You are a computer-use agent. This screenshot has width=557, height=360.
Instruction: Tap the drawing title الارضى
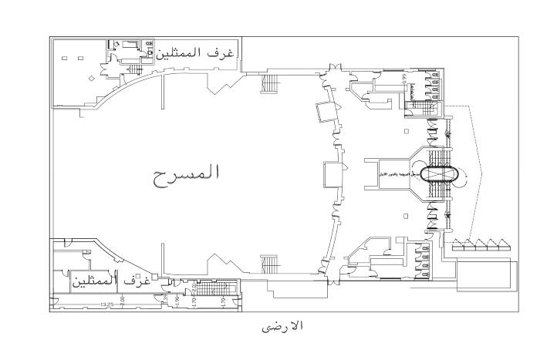tap(282, 326)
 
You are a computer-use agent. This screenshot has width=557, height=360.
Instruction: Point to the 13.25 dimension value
tap(107, 304)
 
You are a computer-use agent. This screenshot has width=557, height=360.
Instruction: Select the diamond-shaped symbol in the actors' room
tap(91, 79)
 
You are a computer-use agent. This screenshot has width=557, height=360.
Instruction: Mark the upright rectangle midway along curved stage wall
tap(333, 174)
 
